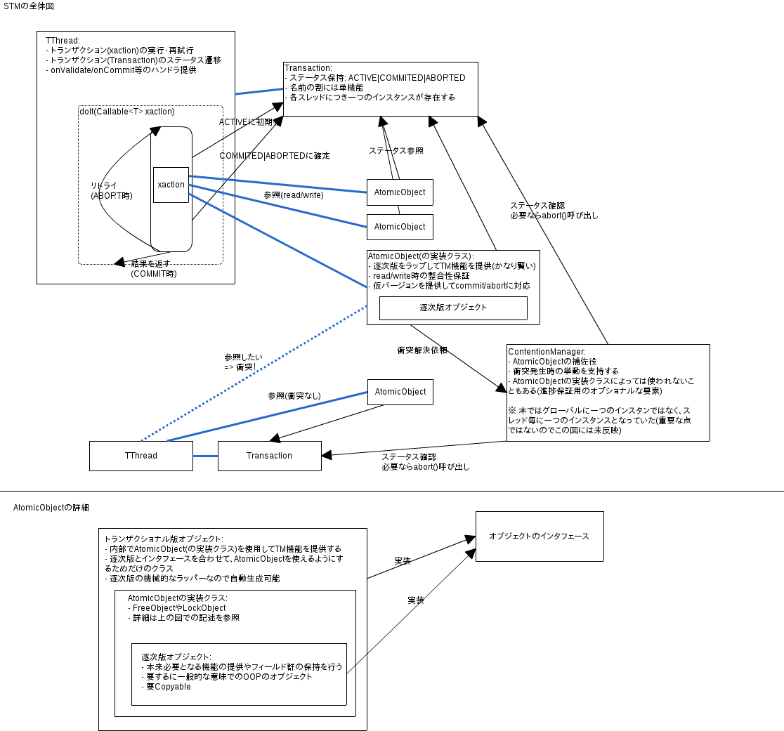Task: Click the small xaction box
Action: (171, 185)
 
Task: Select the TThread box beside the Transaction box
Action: (141, 456)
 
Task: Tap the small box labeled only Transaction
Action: (269, 456)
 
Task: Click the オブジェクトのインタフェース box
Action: (539, 536)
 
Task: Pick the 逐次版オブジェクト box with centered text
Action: (453, 308)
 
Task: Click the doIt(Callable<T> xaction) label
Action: (127, 112)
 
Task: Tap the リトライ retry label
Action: (104, 185)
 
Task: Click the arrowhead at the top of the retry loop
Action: (155, 131)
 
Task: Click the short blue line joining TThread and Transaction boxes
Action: (205, 456)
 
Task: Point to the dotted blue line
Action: (253, 369)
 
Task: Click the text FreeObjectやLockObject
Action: (179, 607)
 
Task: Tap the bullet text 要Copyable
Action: (169, 686)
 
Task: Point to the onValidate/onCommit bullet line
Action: (121, 70)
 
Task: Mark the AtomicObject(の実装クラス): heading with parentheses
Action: (421, 256)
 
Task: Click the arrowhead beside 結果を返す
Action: (119, 261)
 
